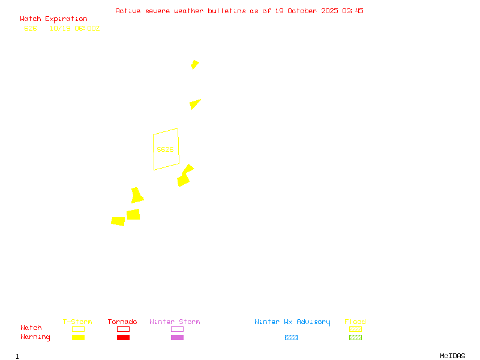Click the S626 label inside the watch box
(x=165, y=149)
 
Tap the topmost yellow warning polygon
(x=194, y=64)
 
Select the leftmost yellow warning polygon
(x=118, y=221)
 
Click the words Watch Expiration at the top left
(x=53, y=19)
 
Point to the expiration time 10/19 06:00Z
(x=74, y=28)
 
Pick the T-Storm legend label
(x=77, y=322)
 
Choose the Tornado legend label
(x=122, y=322)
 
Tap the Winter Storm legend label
(x=175, y=322)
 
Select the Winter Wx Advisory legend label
(x=292, y=322)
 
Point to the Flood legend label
(x=355, y=322)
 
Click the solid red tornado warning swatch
(x=123, y=338)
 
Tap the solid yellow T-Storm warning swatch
(x=78, y=338)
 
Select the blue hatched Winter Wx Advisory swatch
(x=291, y=338)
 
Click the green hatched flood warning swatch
(x=355, y=338)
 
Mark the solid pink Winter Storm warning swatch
(x=177, y=338)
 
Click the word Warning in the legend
(x=35, y=337)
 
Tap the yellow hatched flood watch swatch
(x=355, y=329)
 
